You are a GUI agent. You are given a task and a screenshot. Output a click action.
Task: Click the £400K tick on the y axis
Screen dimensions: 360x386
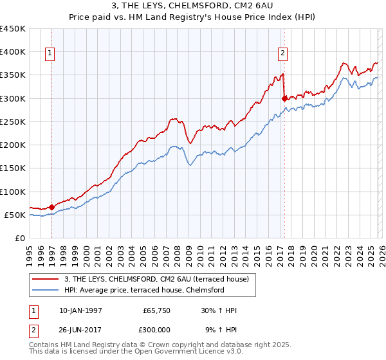(x=13, y=52)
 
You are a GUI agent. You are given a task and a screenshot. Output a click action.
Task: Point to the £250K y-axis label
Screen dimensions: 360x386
(x=13, y=122)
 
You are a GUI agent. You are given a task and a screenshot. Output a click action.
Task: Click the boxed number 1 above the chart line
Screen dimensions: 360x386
(x=50, y=53)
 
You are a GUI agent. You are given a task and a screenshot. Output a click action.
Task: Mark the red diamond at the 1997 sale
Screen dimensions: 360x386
(x=51, y=208)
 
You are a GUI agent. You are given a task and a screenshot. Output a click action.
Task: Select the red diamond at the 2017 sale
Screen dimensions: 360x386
(x=284, y=98)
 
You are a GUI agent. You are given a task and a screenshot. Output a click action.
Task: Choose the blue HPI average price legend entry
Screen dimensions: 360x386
(x=143, y=290)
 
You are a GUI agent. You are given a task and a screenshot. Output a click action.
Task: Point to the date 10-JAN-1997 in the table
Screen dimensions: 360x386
(x=80, y=310)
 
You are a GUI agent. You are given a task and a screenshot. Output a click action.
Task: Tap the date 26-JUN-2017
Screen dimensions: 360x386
(x=80, y=329)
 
